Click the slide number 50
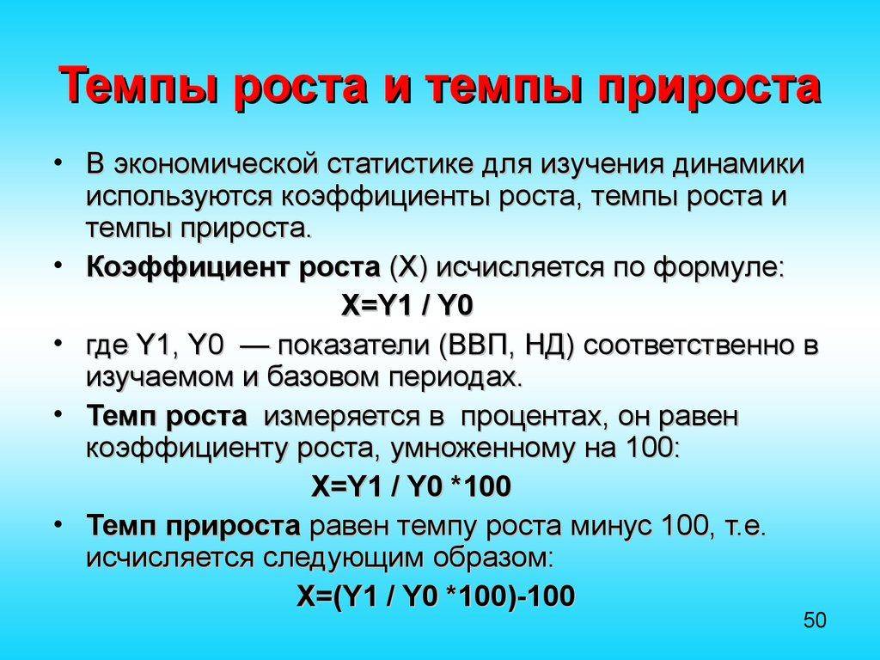[815, 620]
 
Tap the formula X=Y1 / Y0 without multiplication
[406, 305]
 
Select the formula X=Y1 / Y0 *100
[411, 486]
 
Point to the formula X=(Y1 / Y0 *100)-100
[436, 596]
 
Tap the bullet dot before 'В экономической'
[58, 162]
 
